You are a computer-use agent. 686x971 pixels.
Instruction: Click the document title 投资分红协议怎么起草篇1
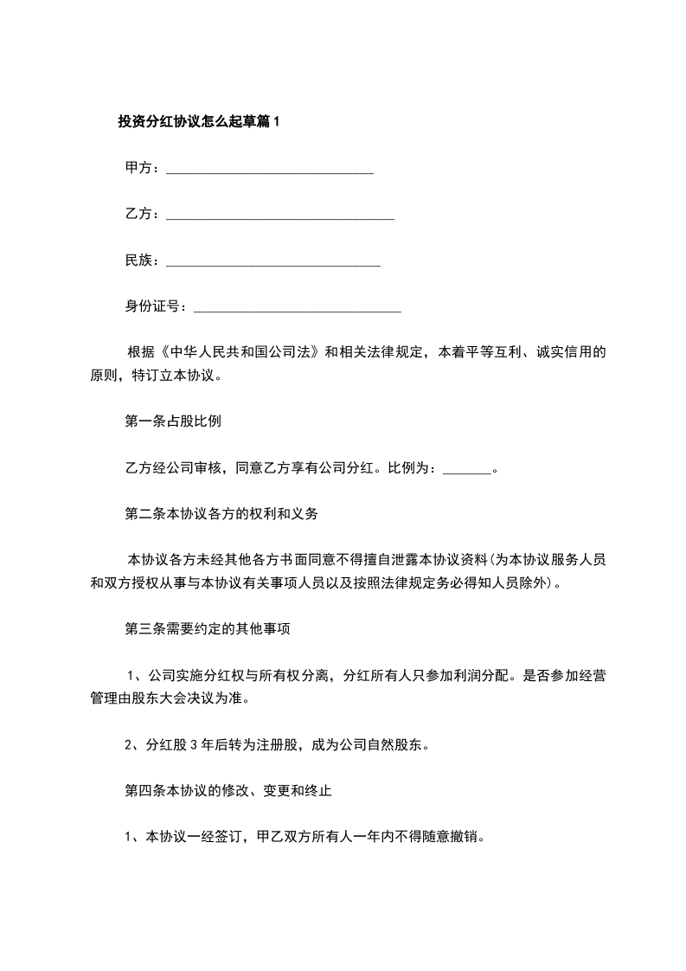[x=199, y=122]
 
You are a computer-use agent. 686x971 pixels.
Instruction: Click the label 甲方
[x=139, y=168]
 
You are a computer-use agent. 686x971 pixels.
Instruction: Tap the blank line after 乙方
[x=279, y=215]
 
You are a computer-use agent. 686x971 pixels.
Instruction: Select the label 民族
[x=139, y=260]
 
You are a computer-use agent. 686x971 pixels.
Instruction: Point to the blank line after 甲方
[x=269, y=170]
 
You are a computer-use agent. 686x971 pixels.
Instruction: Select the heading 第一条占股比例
[x=174, y=422]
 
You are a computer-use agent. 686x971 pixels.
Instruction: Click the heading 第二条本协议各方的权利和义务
[x=222, y=514]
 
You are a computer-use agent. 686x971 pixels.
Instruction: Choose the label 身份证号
[x=153, y=305]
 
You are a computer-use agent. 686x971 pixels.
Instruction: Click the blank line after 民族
[x=272, y=261]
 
